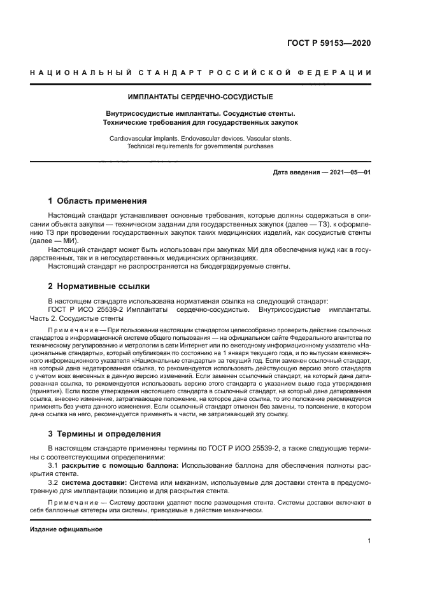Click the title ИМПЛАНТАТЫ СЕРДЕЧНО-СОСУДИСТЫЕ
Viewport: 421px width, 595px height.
click(200, 97)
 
